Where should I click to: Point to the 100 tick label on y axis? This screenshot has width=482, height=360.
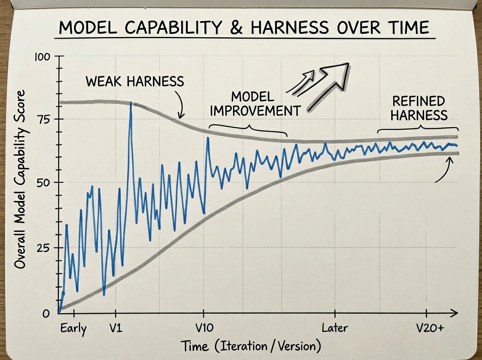[41, 57]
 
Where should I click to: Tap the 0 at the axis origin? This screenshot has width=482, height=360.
[46, 313]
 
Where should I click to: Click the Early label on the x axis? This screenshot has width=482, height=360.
[73, 328]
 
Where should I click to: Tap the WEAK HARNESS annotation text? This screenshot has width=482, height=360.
[135, 82]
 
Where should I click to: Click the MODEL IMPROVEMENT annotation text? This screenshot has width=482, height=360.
[255, 103]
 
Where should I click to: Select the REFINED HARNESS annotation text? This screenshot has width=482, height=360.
[419, 108]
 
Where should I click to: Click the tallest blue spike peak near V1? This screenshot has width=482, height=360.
[131, 104]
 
